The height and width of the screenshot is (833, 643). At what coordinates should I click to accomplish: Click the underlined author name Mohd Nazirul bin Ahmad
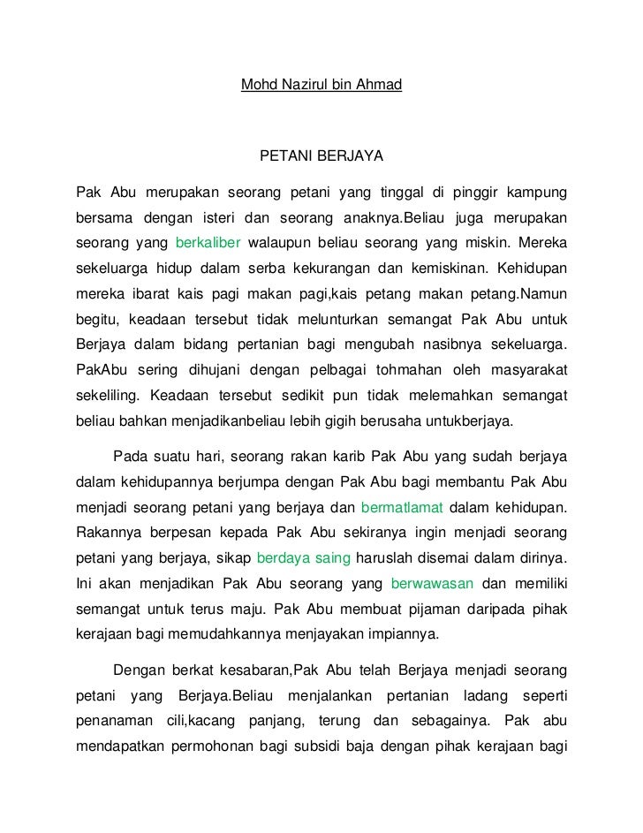[x=321, y=86]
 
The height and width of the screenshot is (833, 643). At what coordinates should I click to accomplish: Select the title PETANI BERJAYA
[x=321, y=156]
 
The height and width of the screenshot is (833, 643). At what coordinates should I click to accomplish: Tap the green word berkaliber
[x=208, y=242]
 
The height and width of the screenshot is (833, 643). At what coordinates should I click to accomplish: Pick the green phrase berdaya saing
[x=303, y=560]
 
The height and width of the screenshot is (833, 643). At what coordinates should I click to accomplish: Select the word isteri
[x=221, y=217]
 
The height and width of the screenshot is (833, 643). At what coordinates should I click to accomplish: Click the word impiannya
[x=400, y=634]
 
